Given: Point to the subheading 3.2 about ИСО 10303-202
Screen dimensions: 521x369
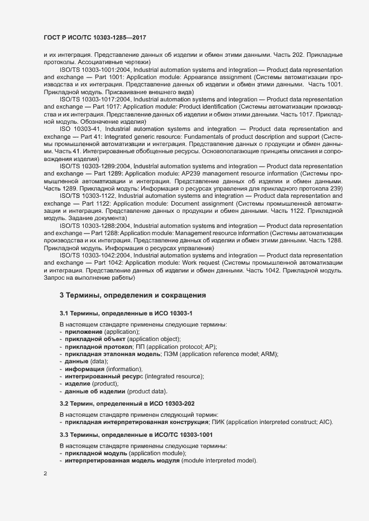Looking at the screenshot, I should point(127,402).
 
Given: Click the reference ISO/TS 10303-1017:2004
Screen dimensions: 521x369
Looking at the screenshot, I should point(92,98).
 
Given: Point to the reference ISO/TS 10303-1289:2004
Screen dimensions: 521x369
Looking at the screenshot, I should point(92,166).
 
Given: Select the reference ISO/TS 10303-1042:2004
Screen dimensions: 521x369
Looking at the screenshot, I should point(92,255).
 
